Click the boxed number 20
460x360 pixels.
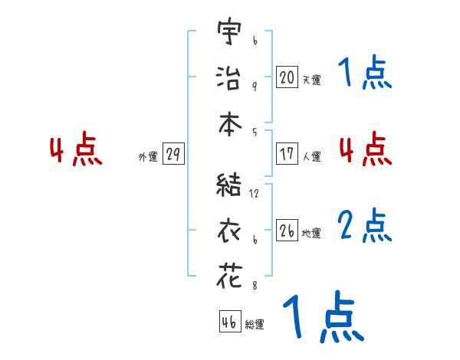pos(287,77)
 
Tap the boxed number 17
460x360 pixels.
pos(287,154)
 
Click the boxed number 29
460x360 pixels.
pos(172,155)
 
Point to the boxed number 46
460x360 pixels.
pos(228,322)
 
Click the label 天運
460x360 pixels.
pos(311,80)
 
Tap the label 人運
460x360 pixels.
pos(311,156)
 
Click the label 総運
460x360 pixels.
pos(255,324)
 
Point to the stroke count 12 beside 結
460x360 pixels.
pos(254,194)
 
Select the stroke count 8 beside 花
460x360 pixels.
pos(254,285)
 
